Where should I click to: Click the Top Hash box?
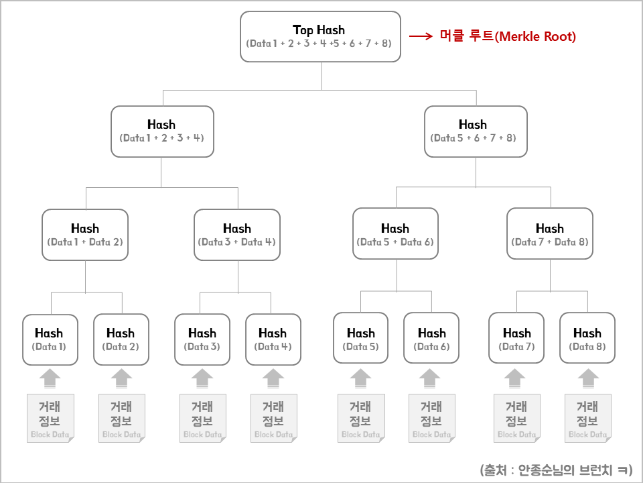[x=319, y=36]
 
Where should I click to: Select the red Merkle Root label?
[x=507, y=37]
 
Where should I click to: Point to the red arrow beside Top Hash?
[x=421, y=37]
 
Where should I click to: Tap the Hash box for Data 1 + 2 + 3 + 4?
[x=162, y=131]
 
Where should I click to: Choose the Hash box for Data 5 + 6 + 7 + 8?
[x=476, y=131]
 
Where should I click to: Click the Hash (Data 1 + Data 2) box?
[x=85, y=234]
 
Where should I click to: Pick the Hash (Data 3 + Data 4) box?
[x=237, y=234]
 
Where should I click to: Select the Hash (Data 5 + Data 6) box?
[x=395, y=234]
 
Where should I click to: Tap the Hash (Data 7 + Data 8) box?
[x=550, y=234]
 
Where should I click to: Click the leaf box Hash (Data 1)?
[x=49, y=339]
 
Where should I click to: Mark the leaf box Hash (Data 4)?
[x=273, y=339]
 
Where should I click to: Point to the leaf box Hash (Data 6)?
[x=431, y=339]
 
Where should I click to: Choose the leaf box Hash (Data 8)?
[x=587, y=339]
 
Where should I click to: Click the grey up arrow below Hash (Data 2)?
[x=121, y=378]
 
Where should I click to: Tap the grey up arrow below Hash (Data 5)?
[x=360, y=378]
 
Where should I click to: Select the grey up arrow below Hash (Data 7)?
[x=516, y=378]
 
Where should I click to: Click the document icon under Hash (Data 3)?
[x=202, y=418]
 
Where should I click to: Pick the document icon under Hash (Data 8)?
[x=587, y=418]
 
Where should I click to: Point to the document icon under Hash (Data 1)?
[x=50, y=418]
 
